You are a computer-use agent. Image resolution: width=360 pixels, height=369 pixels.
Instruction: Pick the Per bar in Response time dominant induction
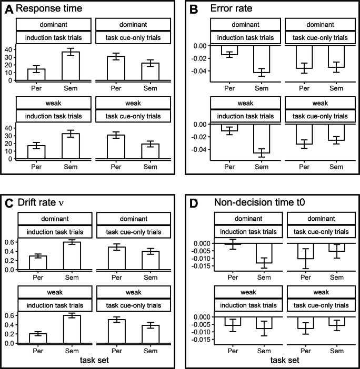[37, 74]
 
